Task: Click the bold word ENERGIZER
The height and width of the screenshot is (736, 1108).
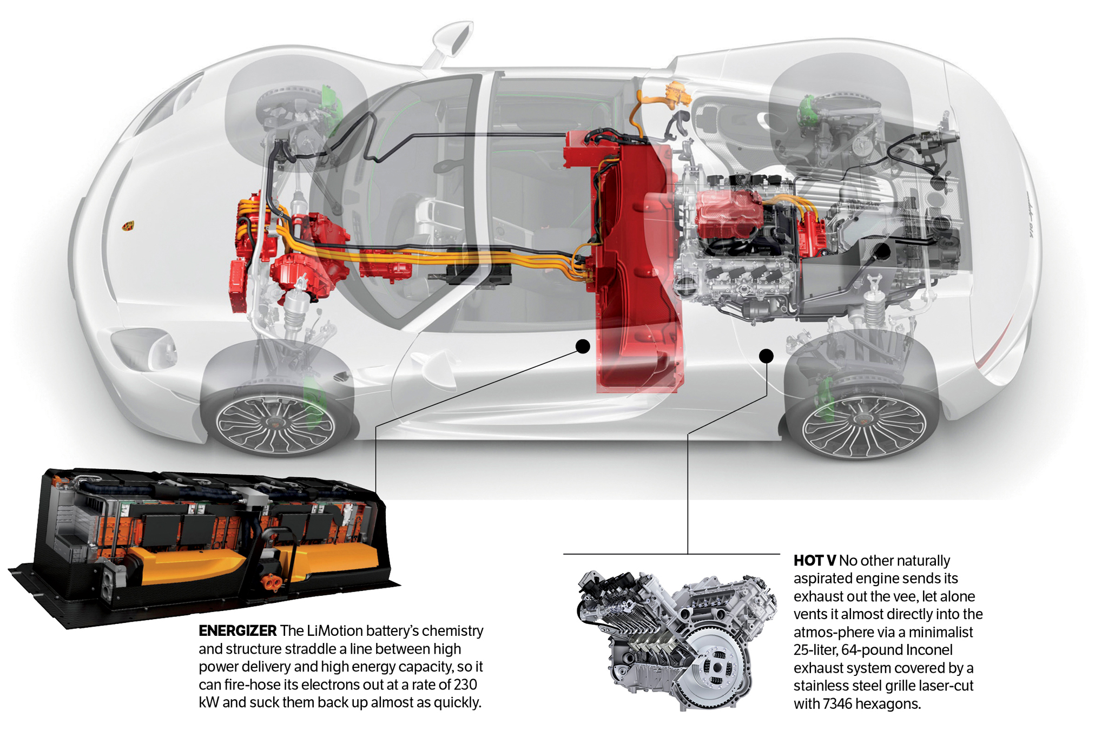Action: [237, 631]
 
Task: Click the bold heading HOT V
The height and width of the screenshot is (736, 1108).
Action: [814, 561]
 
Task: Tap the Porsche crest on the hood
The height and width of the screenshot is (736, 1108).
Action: [128, 226]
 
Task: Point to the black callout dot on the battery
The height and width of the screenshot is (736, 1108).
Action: [583, 346]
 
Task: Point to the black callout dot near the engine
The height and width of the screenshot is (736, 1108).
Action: [766, 356]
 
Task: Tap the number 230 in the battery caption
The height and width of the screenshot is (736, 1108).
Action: [465, 685]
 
